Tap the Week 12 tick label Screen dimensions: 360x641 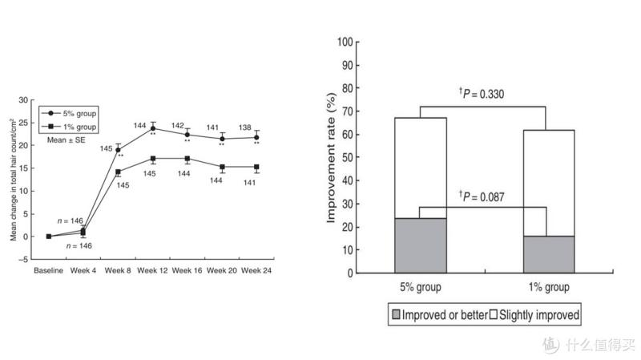152,270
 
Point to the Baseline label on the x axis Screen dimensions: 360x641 49,270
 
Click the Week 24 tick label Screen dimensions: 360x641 257,270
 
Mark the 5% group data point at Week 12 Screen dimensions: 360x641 152,128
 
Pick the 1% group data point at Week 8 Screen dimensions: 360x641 118,172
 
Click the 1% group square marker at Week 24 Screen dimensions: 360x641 256,167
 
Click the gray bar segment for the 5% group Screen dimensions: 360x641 420,245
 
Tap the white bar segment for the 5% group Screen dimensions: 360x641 420,168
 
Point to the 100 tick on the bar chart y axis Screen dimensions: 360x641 345,42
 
